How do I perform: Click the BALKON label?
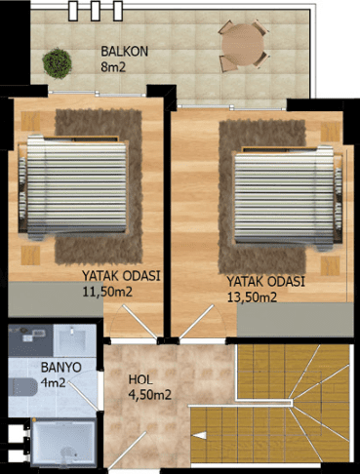pos(124,52)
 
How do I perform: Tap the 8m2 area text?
pos(113,67)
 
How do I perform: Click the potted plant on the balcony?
pos(57,63)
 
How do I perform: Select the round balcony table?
pos(243,45)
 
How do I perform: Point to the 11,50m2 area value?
pos(107,292)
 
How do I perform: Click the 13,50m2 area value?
pos(252,296)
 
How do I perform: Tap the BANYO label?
pos(61,368)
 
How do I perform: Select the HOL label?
pos(140,379)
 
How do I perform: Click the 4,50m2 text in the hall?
pos(150,395)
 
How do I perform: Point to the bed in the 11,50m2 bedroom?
pos(73,187)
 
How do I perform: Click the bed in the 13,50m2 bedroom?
pos(289,198)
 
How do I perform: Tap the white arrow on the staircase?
pos(200,435)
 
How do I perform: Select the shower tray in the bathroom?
pos(64,442)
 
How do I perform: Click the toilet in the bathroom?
pos(22,387)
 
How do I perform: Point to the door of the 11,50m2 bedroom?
pos(140,322)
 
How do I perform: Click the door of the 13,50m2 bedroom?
pos(196,322)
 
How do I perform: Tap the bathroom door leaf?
pos(83,396)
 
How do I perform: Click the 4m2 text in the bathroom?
pos(54,382)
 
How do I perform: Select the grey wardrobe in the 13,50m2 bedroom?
pos(296,320)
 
